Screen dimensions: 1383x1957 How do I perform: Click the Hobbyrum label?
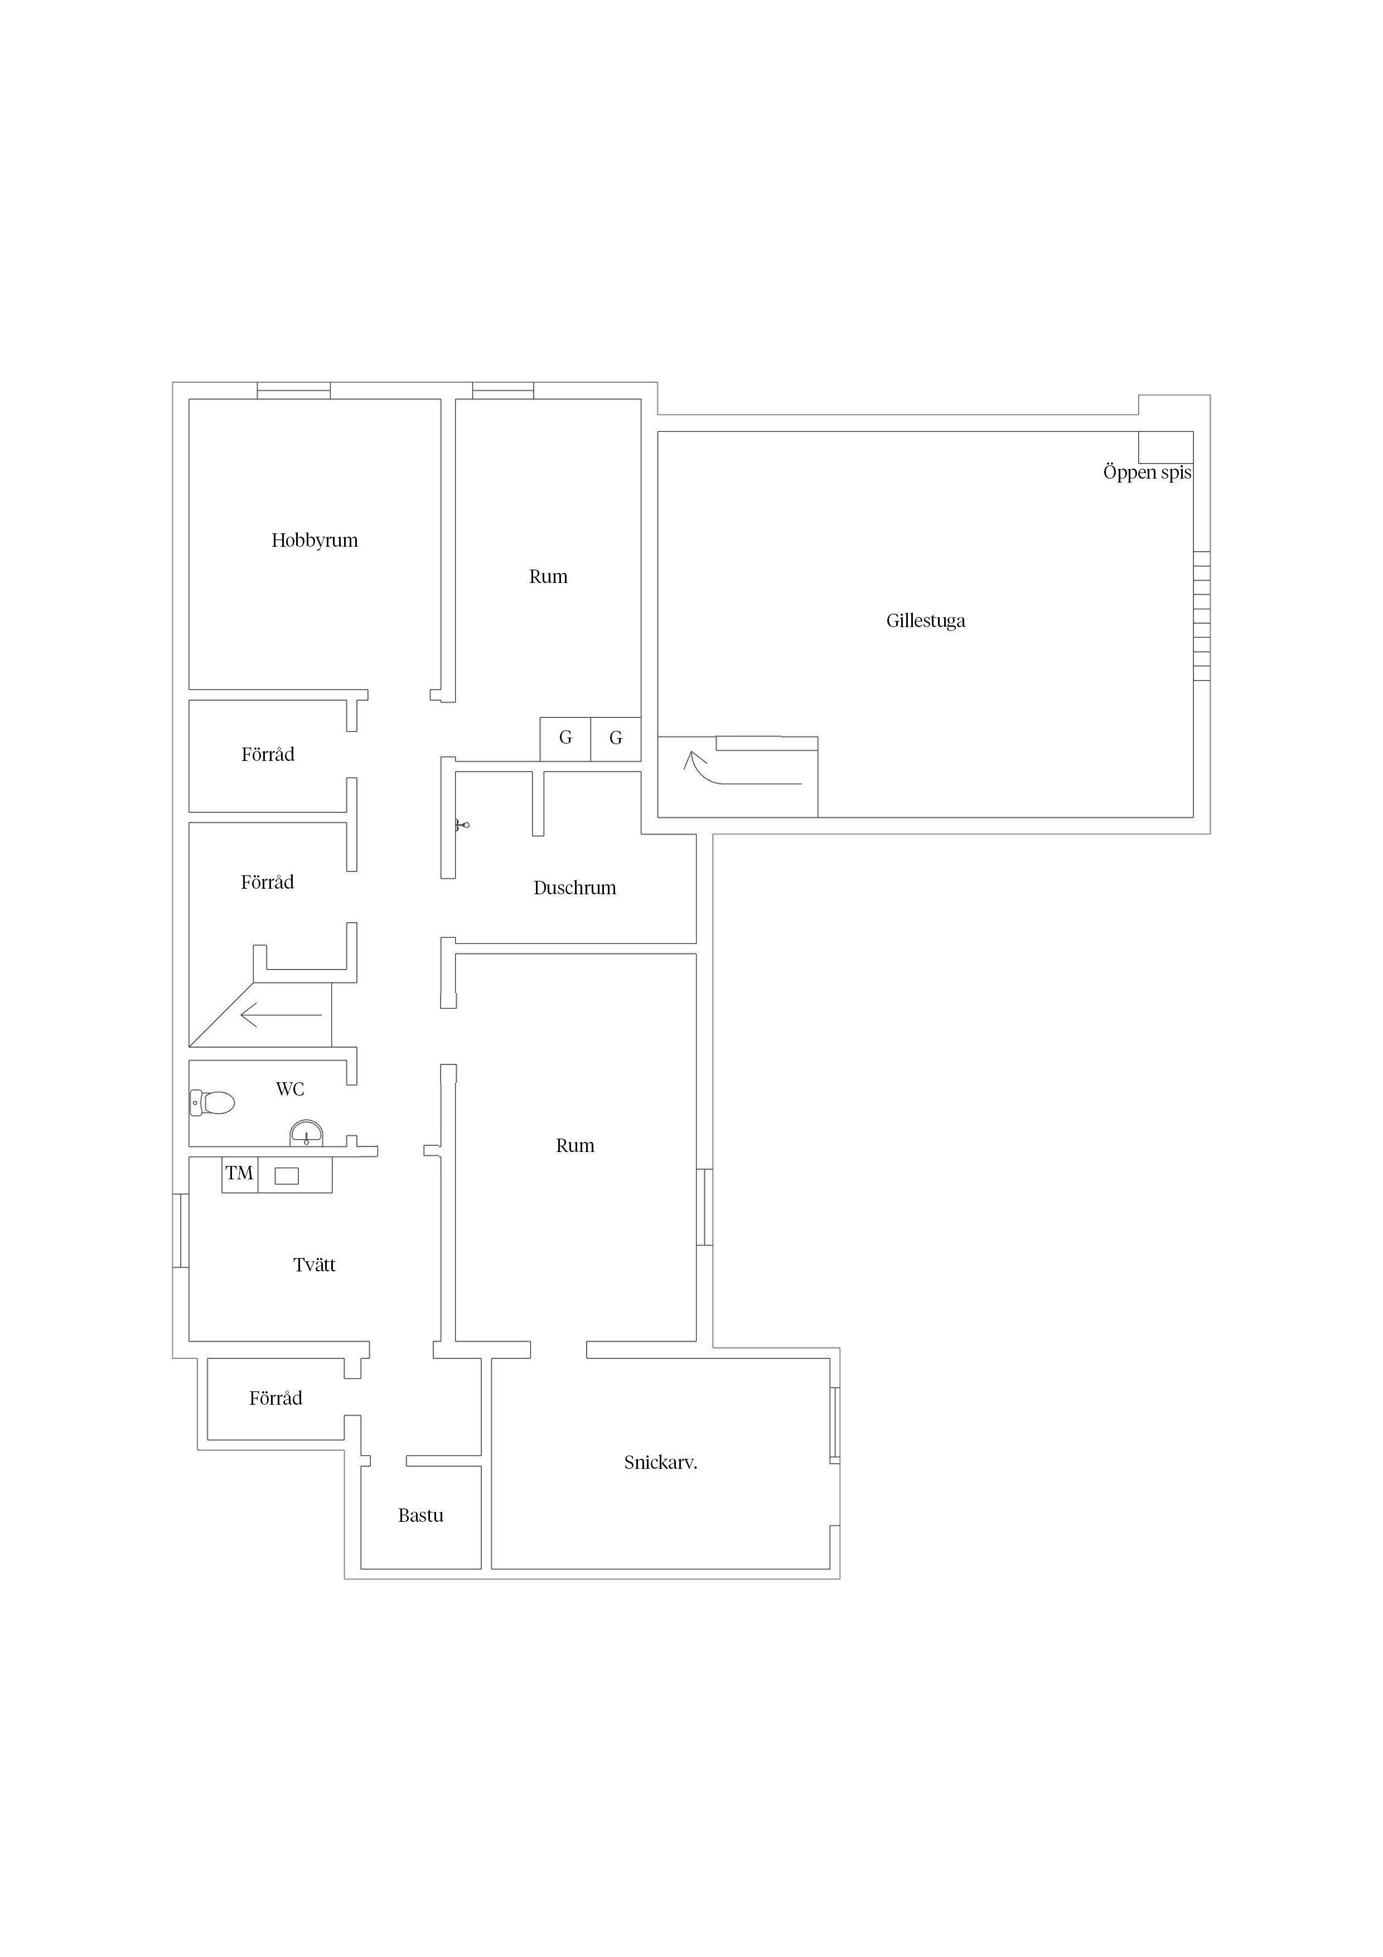(315, 541)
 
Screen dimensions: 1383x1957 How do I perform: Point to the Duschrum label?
(574, 888)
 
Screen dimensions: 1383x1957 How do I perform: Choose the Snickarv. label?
(660, 1463)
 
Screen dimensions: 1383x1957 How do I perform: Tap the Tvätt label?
(315, 1265)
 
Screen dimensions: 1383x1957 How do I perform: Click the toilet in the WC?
(212, 1102)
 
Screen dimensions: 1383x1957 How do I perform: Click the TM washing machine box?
(239, 1174)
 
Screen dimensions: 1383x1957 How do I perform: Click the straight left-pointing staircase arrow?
(281, 1015)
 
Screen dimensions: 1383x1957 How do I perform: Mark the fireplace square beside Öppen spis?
(1166, 447)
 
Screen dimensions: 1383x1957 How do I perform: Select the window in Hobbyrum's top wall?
(294, 391)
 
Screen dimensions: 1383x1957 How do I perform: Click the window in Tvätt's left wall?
(181, 1231)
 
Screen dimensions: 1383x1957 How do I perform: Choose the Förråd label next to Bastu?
(275, 1398)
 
